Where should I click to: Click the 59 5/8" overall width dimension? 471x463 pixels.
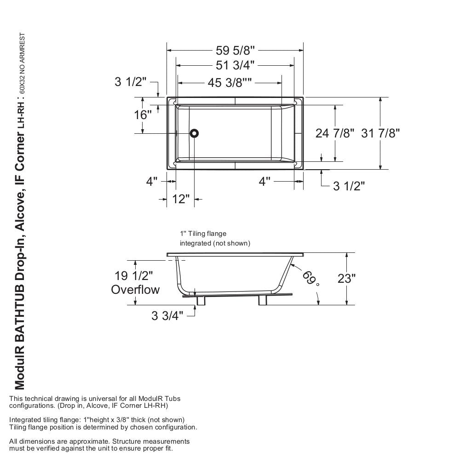pyautogui.click(x=235, y=50)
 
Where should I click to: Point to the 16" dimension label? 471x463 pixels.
pyautogui.click(x=143, y=115)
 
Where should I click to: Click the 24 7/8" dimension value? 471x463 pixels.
pyautogui.click(x=335, y=133)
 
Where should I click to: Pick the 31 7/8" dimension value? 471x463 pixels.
pyautogui.click(x=380, y=133)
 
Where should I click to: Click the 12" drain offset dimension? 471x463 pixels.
pyautogui.click(x=181, y=199)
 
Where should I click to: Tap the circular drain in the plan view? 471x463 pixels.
pyautogui.click(x=194, y=133)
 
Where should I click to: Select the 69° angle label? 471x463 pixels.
pyautogui.click(x=310, y=277)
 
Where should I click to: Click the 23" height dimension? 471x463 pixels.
pyautogui.click(x=346, y=279)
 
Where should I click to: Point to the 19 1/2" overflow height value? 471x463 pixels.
pyautogui.click(x=134, y=276)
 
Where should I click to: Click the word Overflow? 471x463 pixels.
pyautogui.click(x=135, y=290)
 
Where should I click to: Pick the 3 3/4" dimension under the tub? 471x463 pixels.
pyautogui.click(x=167, y=316)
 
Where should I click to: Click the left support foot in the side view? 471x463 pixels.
pyautogui.click(x=201, y=300)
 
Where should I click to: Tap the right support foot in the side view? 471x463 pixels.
pyautogui.click(x=263, y=300)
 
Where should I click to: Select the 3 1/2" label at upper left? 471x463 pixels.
pyautogui.click(x=131, y=82)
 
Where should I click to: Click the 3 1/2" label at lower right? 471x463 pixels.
pyautogui.click(x=349, y=186)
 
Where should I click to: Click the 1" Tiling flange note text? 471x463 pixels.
pyautogui.click(x=203, y=234)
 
